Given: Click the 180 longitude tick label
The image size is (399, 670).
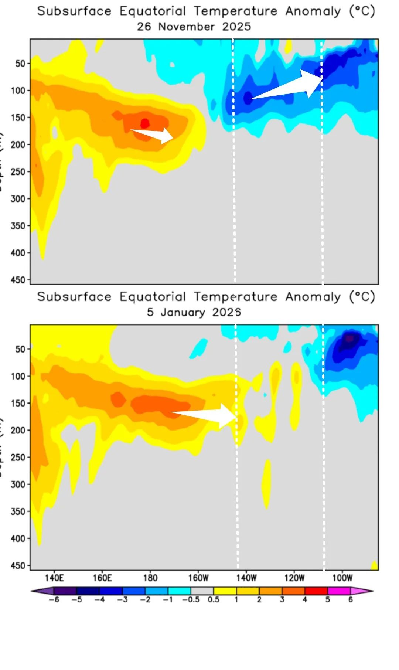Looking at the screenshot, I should pyautogui.click(x=150, y=578).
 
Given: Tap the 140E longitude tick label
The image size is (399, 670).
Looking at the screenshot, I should pyautogui.click(x=54, y=578).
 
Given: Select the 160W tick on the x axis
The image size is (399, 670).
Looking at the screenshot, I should pyautogui.click(x=198, y=578).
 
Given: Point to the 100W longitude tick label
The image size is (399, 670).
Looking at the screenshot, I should pyautogui.click(x=342, y=578).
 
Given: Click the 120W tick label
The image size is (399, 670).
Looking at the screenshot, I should pyautogui.click(x=294, y=578).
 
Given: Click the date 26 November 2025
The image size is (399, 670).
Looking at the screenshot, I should pyautogui.click(x=194, y=27).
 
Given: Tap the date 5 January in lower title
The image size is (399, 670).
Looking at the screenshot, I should pyautogui.click(x=176, y=312).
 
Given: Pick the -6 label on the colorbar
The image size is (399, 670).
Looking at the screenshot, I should pyautogui.click(x=54, y=599).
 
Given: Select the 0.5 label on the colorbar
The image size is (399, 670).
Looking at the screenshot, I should pyautogui.click(x=214, y=599).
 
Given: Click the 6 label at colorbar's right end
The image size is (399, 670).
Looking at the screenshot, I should pyautogui.click(x=351, y=599).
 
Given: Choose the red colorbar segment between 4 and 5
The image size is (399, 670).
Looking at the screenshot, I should pyautogui.click(x=316, y=591).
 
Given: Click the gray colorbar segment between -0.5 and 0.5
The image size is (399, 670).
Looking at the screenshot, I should pyautogui.click(x=202, y=591).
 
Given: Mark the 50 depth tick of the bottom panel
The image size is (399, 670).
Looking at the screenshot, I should pyautogui.click(x=20, y=349).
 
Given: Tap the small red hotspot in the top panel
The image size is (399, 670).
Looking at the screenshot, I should pyautogui.click(x=145, y=123).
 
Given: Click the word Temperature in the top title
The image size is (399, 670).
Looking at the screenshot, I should pyautogui.click(x=236, y=11).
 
